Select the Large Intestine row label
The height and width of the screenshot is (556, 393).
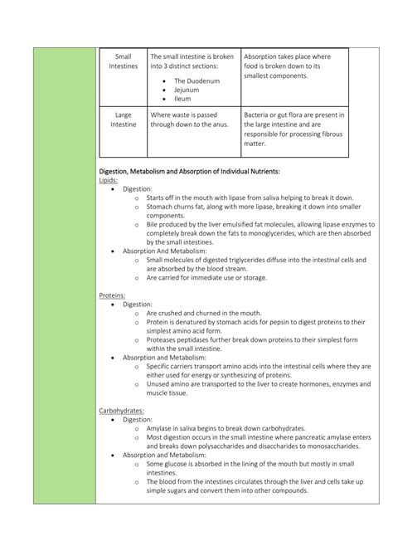123,120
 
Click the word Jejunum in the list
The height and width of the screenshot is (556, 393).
187,90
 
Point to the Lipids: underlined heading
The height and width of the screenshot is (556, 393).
109,180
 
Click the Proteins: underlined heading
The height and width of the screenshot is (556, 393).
113,295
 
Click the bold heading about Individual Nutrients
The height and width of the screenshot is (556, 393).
189,171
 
